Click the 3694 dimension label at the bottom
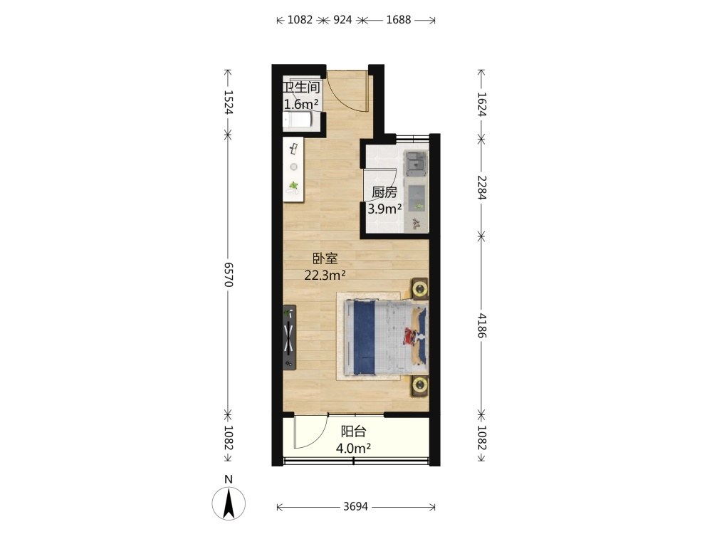point(355,506)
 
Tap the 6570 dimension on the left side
point(229,274)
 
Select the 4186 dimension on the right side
point(482,325)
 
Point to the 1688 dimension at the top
point(398,19)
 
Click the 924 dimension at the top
point(342,19)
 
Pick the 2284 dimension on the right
point(482,187)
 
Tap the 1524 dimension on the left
point(229,102)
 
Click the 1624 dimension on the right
point(482,105)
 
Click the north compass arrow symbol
point(229,503)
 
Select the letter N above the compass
point(229,479)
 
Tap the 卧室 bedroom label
point(325,259)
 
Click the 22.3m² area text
point(325,275)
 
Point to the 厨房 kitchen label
point(384,192)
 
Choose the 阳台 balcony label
point(354,431)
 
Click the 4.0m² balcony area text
point(353,448)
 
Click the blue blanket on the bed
point(364,337)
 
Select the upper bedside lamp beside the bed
point(420,288)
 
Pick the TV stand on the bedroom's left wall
point(289,337)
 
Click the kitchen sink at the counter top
point(416,164)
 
